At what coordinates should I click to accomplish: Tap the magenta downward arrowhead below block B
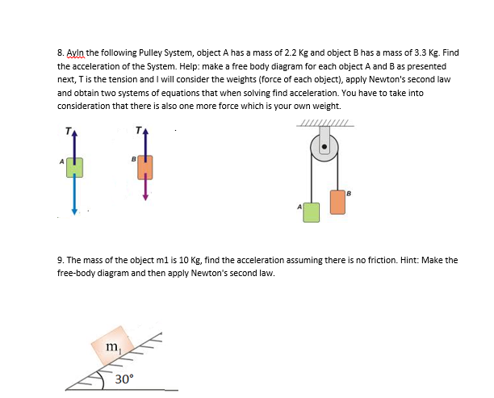tap(144, 197)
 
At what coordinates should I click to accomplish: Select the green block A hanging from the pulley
tap(311, 212)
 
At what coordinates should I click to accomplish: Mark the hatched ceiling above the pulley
tap(324, 123)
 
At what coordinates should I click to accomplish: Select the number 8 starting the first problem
tap(60, 52)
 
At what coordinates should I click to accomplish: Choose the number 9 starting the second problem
tap(60, 260)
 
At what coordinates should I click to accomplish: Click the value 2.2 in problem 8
tap(286, 52)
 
